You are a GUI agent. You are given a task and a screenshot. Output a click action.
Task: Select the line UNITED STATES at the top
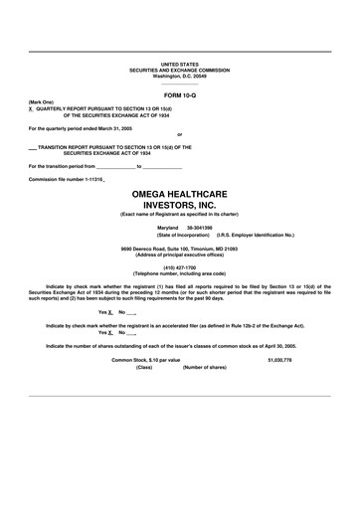pos(179,63)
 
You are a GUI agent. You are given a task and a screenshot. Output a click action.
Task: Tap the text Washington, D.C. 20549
pos(179,76)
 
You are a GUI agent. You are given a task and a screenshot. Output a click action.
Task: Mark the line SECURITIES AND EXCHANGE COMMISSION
pos(179,70)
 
